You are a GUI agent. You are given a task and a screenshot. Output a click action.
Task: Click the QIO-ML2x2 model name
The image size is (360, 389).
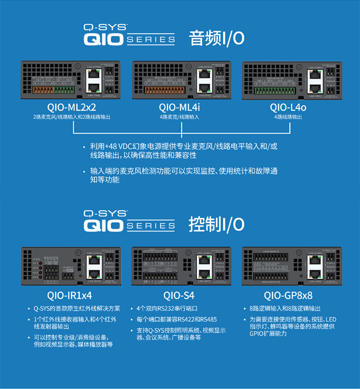pos(72,108)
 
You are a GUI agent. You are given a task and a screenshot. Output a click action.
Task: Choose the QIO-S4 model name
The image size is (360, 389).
pos(180,296)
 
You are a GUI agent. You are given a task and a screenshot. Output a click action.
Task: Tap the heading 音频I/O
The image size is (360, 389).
pos(216,38)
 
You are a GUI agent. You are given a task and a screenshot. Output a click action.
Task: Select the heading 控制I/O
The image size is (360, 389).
pos(216,224)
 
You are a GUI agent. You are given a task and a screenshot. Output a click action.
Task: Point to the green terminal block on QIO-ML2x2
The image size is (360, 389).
pos(63,89)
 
